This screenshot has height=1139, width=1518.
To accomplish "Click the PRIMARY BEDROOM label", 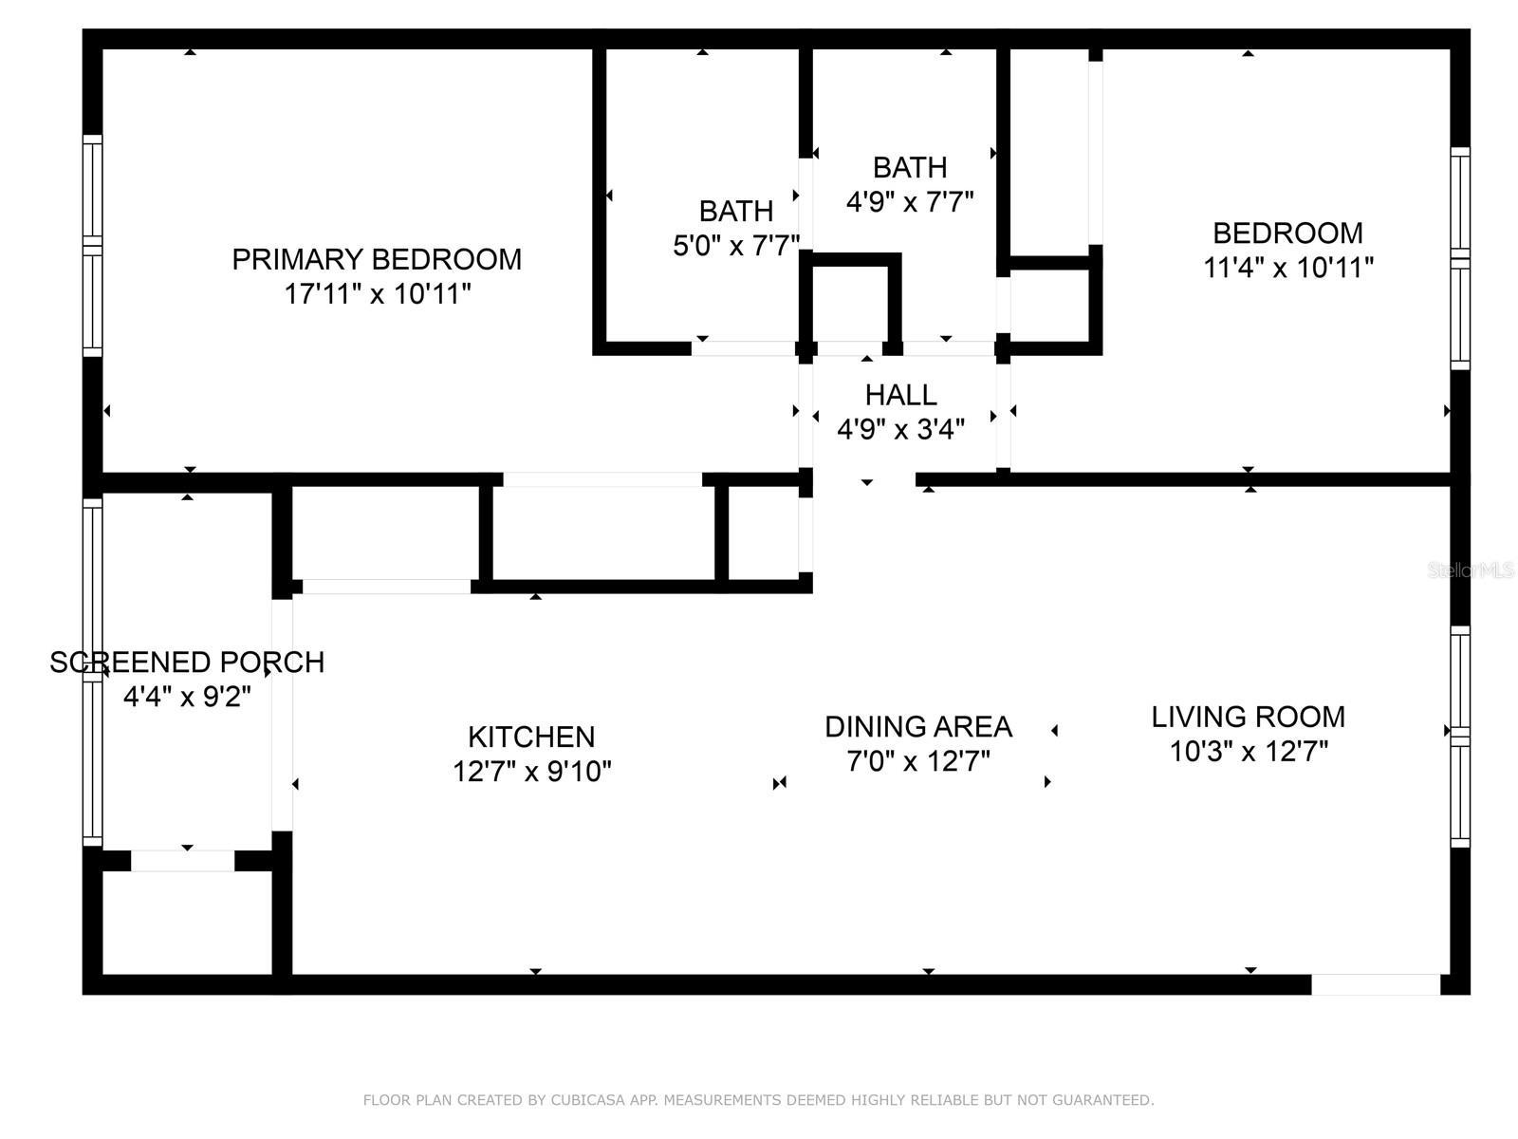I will pyautogui.click(x=377, y=259).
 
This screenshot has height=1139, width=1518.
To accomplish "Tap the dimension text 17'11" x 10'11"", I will pyautogui.click(x=378, y=294).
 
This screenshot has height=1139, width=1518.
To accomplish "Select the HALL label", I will pyautogui.click(x=900, y=395).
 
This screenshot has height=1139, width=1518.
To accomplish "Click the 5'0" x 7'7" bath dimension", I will pyautogui.click(x=736, y=247).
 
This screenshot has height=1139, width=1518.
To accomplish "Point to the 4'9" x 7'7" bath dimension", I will pyautogui.click(x=909, y=202).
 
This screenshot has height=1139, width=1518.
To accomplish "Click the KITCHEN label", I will pyautogui.click(x=531, y=737).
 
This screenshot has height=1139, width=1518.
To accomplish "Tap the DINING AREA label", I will pyautogui.click(x=917, y=727).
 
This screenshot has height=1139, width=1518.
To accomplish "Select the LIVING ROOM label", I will pyautogui.click(x=1248, y=717).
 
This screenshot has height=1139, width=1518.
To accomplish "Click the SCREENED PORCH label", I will pyautogui.click(x=187, y=663).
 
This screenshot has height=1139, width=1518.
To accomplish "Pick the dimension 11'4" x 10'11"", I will pyautogui.click(x=1287, y=269).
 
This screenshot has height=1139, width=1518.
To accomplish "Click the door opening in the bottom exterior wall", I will pyautogui.click(x=1375, y=985).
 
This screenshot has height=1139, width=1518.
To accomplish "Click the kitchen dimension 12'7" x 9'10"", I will pyautogui.click(x=531, y=772).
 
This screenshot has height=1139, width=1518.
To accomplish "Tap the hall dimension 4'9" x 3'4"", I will pyautogui.click(x=900, y=430).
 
